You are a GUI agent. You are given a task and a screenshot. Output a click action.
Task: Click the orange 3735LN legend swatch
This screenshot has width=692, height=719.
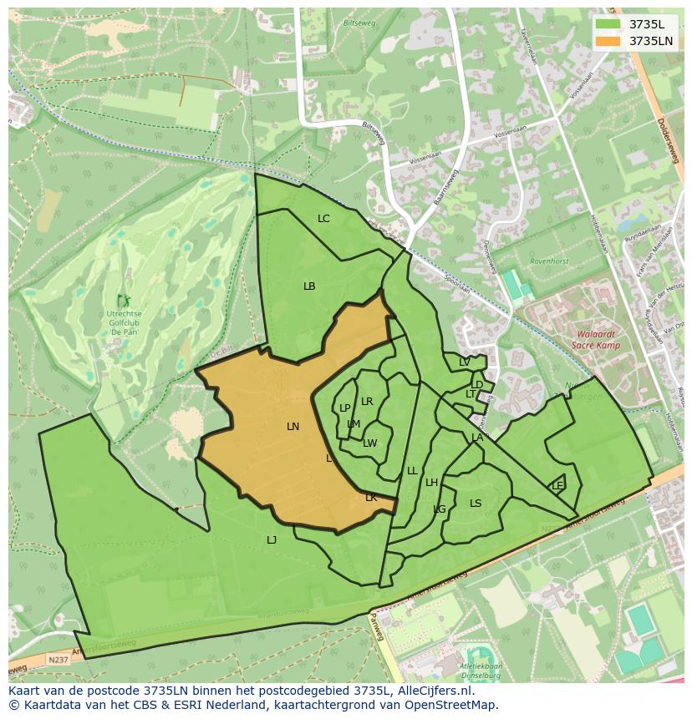point(608,41)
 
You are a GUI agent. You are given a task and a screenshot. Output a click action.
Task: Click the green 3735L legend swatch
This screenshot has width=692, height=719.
point(608,24)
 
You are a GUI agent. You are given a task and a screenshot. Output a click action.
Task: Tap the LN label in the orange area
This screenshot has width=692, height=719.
point(293,427)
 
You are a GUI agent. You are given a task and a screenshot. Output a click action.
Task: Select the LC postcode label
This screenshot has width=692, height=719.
point(323,219)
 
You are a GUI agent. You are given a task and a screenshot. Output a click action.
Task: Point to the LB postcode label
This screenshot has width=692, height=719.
point(309,286)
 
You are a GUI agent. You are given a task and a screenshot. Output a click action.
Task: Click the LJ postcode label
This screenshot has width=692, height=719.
point(272,540)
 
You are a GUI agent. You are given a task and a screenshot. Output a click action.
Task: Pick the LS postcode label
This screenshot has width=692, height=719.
point(476,504)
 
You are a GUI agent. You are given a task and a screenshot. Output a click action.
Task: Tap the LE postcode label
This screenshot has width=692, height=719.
point(557,486)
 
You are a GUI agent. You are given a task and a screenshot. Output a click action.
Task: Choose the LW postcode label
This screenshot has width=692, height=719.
point(370,443)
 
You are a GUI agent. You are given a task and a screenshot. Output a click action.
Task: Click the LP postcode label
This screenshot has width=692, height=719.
point(344,408)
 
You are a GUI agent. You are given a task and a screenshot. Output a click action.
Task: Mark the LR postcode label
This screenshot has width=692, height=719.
point(367,402)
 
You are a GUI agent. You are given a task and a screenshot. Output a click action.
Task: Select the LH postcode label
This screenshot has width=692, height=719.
point(431,483)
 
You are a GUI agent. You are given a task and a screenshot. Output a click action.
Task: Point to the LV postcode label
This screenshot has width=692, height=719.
point(464,362)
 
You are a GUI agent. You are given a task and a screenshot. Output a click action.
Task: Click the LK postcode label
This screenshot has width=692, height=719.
point(371,498)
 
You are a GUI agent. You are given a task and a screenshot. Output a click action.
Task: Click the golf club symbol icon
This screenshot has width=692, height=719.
point(124,301)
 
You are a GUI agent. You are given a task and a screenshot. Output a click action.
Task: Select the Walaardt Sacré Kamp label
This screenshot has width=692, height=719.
point(597,338)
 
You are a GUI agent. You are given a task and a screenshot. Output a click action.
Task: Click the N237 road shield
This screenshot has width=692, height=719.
point(58,660)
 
